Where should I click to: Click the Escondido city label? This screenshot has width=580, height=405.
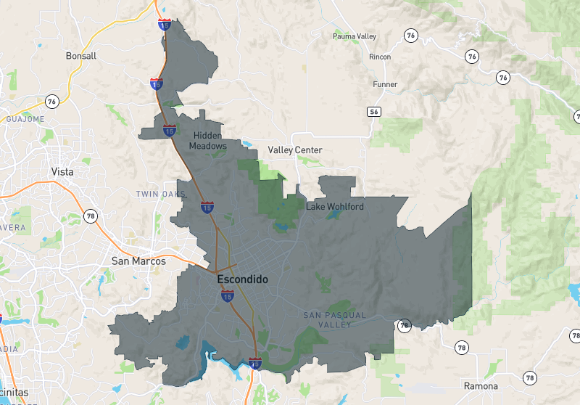pyautogui.click(x=242, y=279)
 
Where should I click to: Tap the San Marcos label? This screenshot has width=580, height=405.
pyautogui.click(x=138, y=261)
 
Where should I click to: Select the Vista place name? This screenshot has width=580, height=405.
pyautogui.click(x=64, y=172)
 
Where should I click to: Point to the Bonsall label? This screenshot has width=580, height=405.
pyautogui.click(x=80, y=56)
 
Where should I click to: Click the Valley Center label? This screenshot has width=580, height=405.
pyautogui.click(x=295, y=150)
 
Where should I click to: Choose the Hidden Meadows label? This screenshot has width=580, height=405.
pyautogui.click(x=208, y=141)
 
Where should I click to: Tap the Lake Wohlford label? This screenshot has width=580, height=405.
pyautogui.click(x=335, y=207)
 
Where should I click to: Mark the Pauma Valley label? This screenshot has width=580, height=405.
pyautogui.click(x=355, y=36)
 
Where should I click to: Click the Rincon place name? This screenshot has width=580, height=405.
pyautogui.click(x=380, y=57)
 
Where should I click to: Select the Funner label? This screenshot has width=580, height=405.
pyautogui.click(x=385, y=84)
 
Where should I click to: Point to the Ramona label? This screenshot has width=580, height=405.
pyautogui.click(x=481, y=385)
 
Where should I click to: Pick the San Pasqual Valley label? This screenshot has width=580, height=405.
pyautogui.click(x=335, y=319)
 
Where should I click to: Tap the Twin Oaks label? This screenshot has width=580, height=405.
pyautogui.click(x=160, y=195)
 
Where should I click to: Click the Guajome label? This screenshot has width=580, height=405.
pyautogui.click(x=25, y=119)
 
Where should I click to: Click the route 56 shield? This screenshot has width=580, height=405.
pyautogui.click(x=374, y=111)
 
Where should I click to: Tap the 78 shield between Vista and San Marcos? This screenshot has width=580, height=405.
pyautogui.click(x=91, y=216)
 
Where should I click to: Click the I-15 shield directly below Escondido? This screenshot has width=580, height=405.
pyautogui.click(x=228, y=295)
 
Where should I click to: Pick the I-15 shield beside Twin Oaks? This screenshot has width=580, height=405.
pyautogui.click(x=207, y=208)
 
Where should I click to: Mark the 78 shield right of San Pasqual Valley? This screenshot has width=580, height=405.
pyautogui.click(x=404, y=324)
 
